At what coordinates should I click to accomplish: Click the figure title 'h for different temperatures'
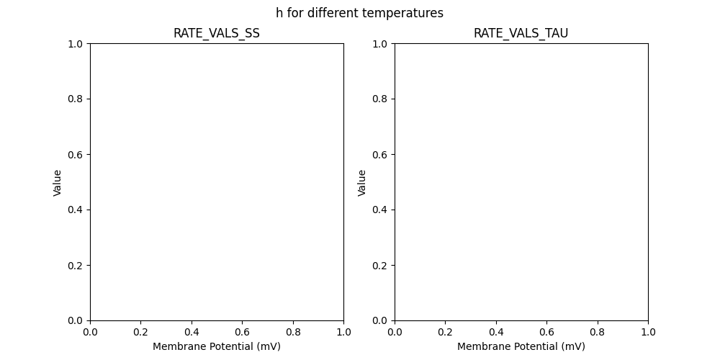click(x=359, y=13)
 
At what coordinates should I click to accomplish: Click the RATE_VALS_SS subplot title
click(x=217, y=33)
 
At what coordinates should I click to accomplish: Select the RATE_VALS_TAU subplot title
click(x=521, y=33)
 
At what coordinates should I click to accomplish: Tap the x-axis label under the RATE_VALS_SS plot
click(x=217, y=346)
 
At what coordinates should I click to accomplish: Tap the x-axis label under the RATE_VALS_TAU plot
click(x=521, y=346)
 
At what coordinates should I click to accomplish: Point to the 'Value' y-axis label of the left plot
click(x=58, y=182)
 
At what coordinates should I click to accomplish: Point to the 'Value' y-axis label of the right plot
click(x=362, y=182)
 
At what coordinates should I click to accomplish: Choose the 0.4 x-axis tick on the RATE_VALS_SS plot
click(x=192, y=332)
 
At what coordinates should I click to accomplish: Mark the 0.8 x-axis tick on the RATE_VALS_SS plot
click(x=293, y=332)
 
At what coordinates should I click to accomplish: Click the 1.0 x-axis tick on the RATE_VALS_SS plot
click(x=343, y=332)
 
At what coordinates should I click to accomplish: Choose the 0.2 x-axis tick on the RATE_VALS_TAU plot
click(x=446, y=332)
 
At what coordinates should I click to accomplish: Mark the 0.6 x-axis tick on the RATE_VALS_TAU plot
click(x=546, y=332)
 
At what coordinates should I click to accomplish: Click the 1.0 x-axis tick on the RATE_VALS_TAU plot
click(x=648, y=332)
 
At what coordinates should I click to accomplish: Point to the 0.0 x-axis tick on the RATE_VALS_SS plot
click(x=90, y=332)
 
